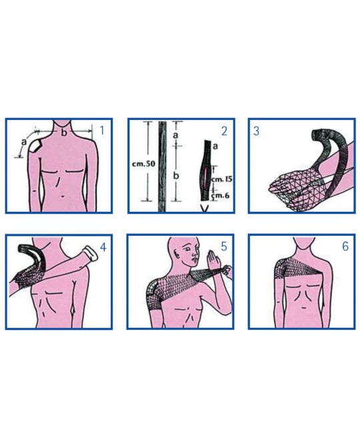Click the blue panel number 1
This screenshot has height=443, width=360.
[x=103, y=131]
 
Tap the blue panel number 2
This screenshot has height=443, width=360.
[x=224, y=131]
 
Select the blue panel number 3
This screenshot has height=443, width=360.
[x=256, y=131]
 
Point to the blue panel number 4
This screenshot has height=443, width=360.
[x=103, y=247]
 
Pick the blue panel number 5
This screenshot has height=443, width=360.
[x=224, y=246]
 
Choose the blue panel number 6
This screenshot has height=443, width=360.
[x=345, y=246]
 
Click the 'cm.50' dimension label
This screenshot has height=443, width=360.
[x=143, y=164]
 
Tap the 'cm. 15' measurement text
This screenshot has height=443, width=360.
[x=222, y=179]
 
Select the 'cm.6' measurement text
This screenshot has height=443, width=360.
[x=220, y=195]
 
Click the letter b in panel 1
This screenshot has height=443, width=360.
[x=64, y=133]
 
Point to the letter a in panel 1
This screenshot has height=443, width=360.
[x=24, y=142]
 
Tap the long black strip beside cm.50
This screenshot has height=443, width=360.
[x=162, y=166]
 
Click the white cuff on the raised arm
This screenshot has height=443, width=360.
[x=91, y=253]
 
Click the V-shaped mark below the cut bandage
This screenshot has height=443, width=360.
[x=205, y=209]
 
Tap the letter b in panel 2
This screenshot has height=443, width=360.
[x=176, y=175]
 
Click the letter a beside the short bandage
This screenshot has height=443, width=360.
[x=215, y=147]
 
